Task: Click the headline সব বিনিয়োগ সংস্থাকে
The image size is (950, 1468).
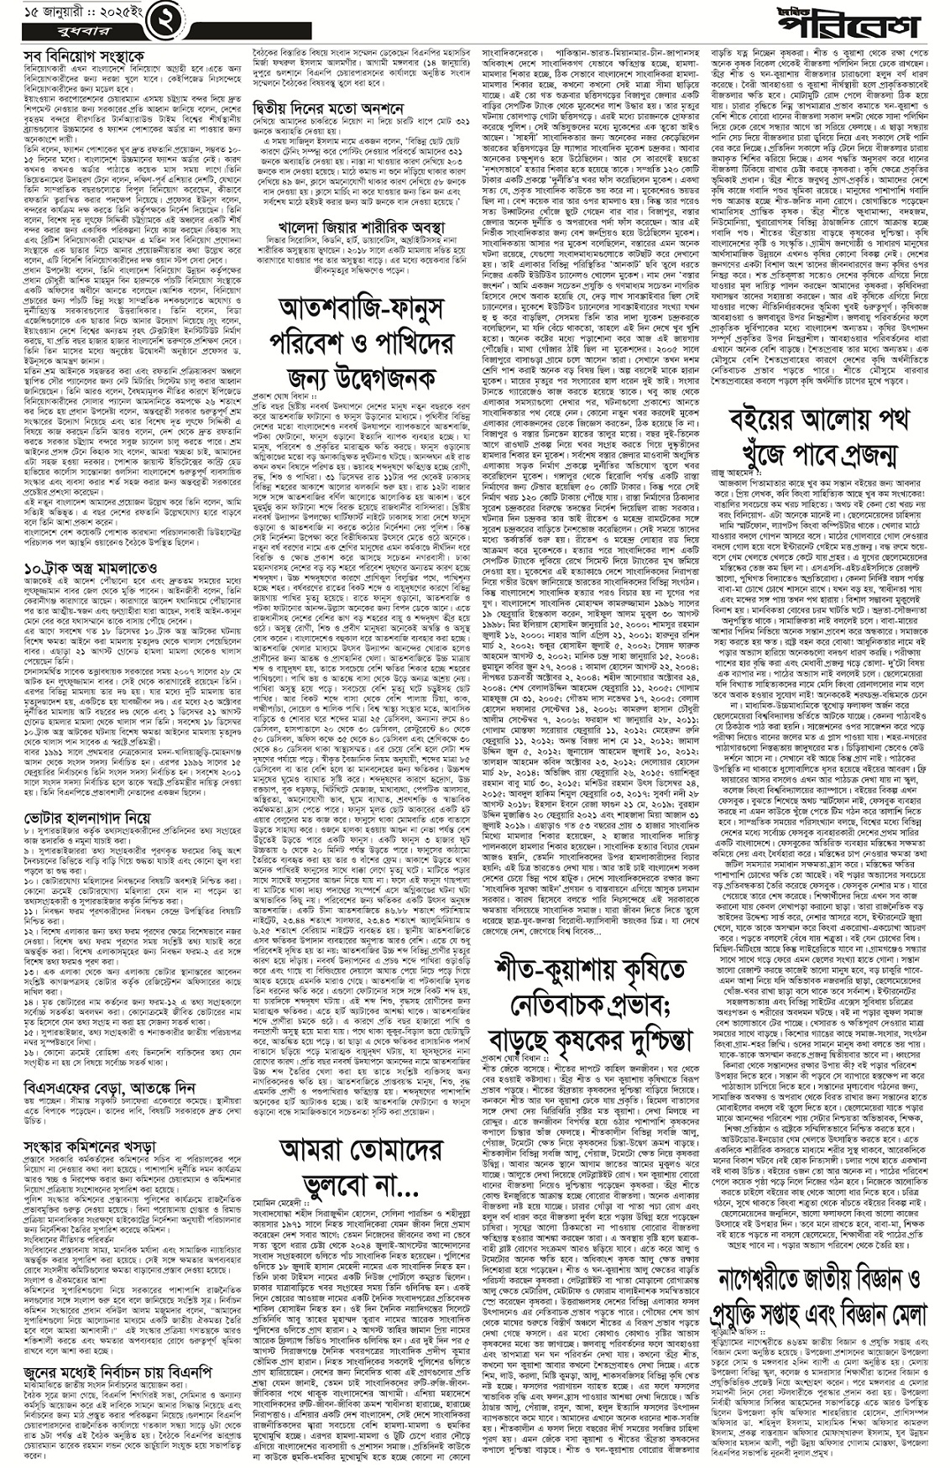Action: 66,57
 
